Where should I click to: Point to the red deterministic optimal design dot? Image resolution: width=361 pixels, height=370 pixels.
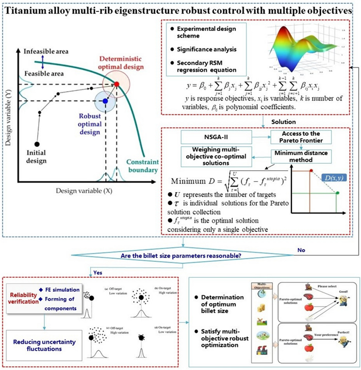pos(117,84)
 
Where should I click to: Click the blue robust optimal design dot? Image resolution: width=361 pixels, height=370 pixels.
pos(106,101)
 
